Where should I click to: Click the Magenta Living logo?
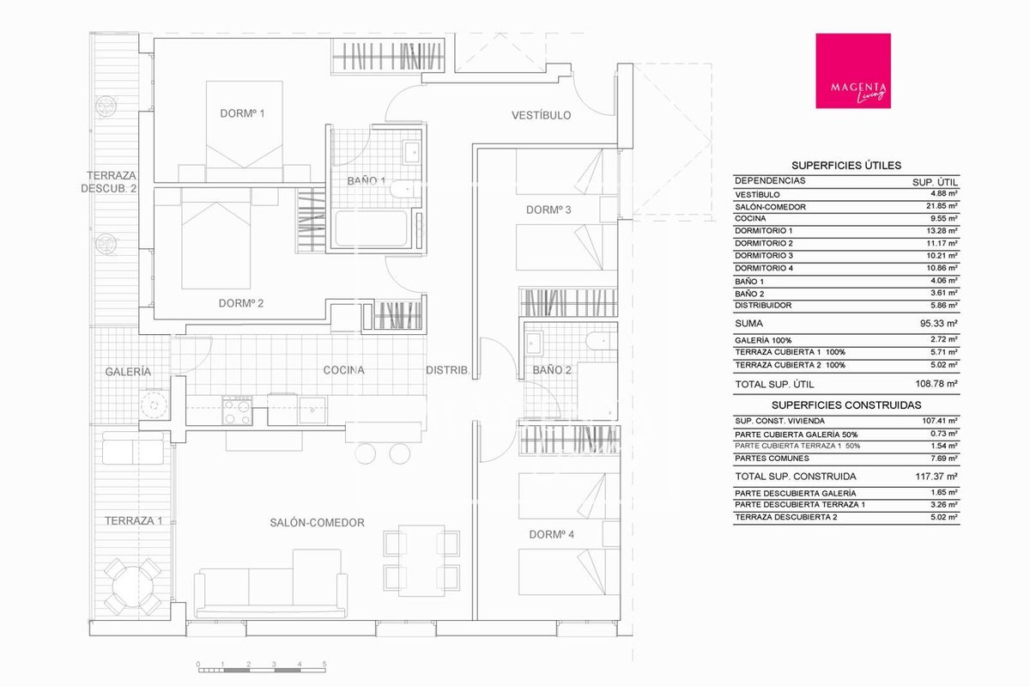tap(853, 71)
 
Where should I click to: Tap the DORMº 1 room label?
tap(242, 113)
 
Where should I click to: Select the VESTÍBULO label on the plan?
tap(542, 115)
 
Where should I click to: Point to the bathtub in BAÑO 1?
tap(372, 228)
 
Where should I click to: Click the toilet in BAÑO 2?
tap(601, 341)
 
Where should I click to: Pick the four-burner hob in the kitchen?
tap(237, 410)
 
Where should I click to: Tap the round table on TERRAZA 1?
tap(133, 587)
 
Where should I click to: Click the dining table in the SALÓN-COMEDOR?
tap(421, 561)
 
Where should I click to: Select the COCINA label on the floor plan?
tap(343, 370)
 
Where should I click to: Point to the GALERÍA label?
tap(128, 372)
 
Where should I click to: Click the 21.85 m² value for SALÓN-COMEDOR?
tap(942, 206)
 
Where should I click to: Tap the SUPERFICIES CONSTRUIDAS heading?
tap(846, 405)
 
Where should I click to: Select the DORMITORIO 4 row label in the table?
tap(764, 268)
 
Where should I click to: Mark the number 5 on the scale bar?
tap(324, 664)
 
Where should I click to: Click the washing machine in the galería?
tap(154, 405)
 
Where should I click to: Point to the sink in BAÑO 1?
tap(411, 152)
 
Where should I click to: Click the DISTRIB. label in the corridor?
tap(448, 370)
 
